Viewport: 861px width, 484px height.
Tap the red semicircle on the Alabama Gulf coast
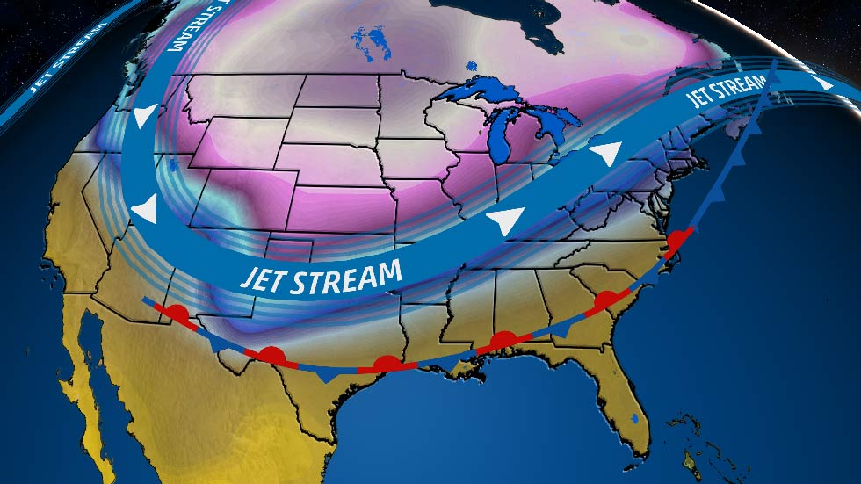pyautogui.click(x=503, y=340)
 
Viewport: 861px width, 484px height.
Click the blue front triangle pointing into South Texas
pyautogui.click(x=328, y=374)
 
